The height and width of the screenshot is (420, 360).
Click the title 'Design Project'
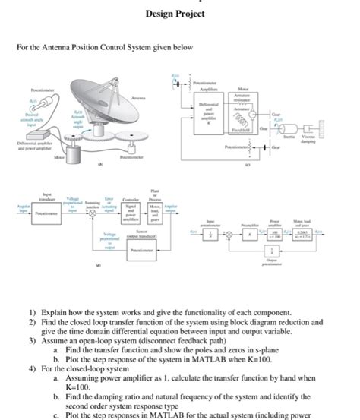point(180,14)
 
